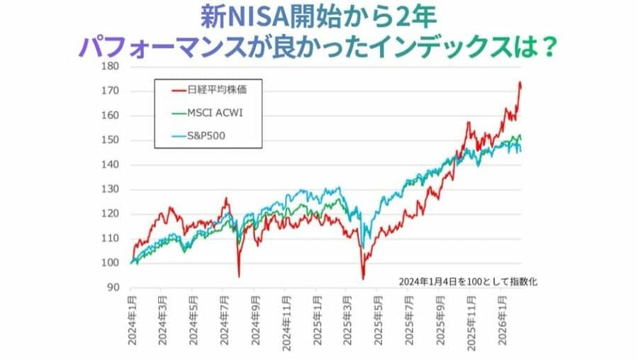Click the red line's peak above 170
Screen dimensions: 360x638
tap(520, 82)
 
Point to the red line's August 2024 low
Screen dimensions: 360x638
tap(239, 276)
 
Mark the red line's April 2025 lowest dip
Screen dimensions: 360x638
tap(363, 279)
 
